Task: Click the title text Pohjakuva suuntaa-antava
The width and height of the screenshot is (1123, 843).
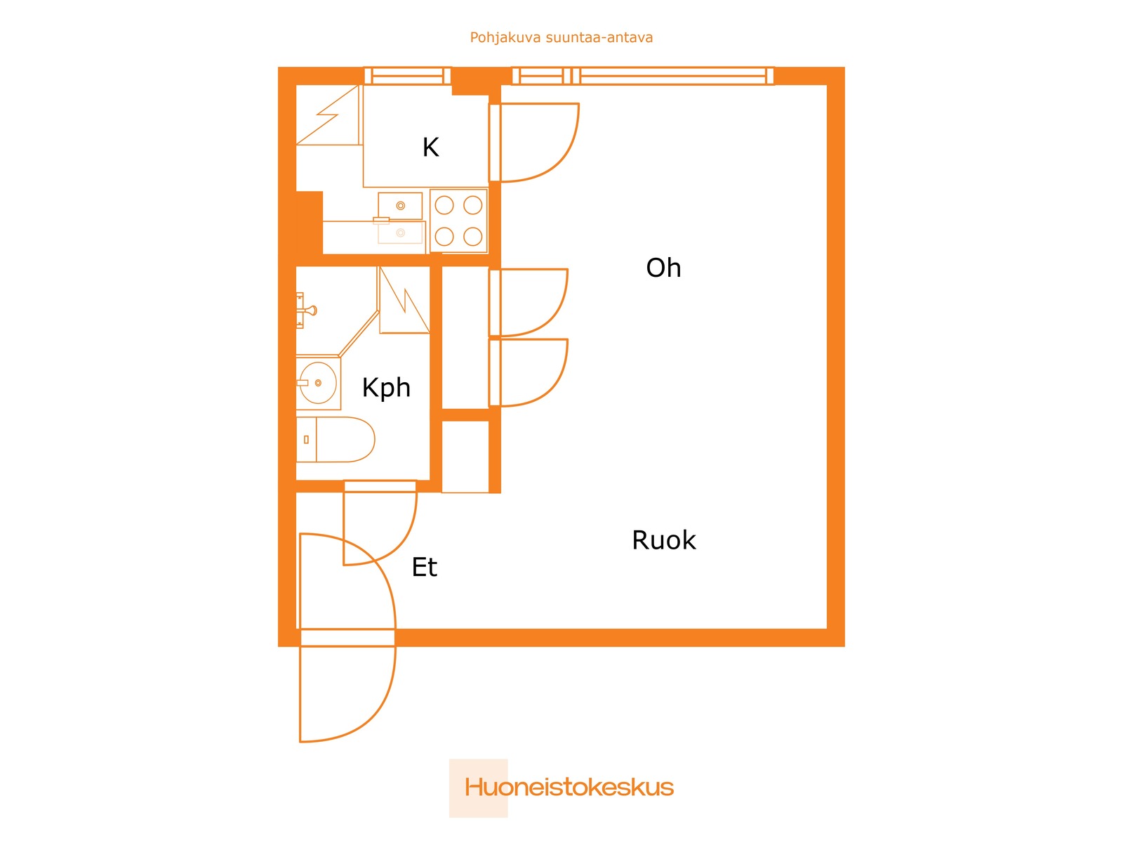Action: pyautogui.click(x=561, y=38)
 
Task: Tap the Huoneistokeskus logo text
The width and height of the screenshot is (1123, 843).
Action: pyautogui.click(x=569, y=788)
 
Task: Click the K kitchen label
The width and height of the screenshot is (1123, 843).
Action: pyautogui.click(x=430, y=148)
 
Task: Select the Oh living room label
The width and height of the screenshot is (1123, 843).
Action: pyautogui.click(x=663, y=268)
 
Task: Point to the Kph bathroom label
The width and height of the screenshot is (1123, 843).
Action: pyautogui.click(x=386, y=388)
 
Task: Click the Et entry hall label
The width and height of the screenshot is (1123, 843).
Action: pyautogui.click(x=424, y=568)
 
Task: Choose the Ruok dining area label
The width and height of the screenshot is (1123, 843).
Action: pyautogui.click(x=663, y=540)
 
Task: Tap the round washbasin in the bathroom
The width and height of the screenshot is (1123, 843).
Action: pyautogui.click(x=317, y=383)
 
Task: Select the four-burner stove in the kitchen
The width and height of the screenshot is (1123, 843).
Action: pyautogui.click(x=458, y=221)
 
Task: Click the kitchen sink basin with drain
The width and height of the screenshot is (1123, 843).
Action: pyautogui.click(x=400, y=206)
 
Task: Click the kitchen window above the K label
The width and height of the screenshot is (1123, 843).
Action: pyautogui.click(x=407, y=76)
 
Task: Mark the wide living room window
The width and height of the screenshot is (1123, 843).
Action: pyautogui.click(x=674, y=76)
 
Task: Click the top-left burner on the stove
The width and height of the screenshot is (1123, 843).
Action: pyautogui.click(x=444, y=205)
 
